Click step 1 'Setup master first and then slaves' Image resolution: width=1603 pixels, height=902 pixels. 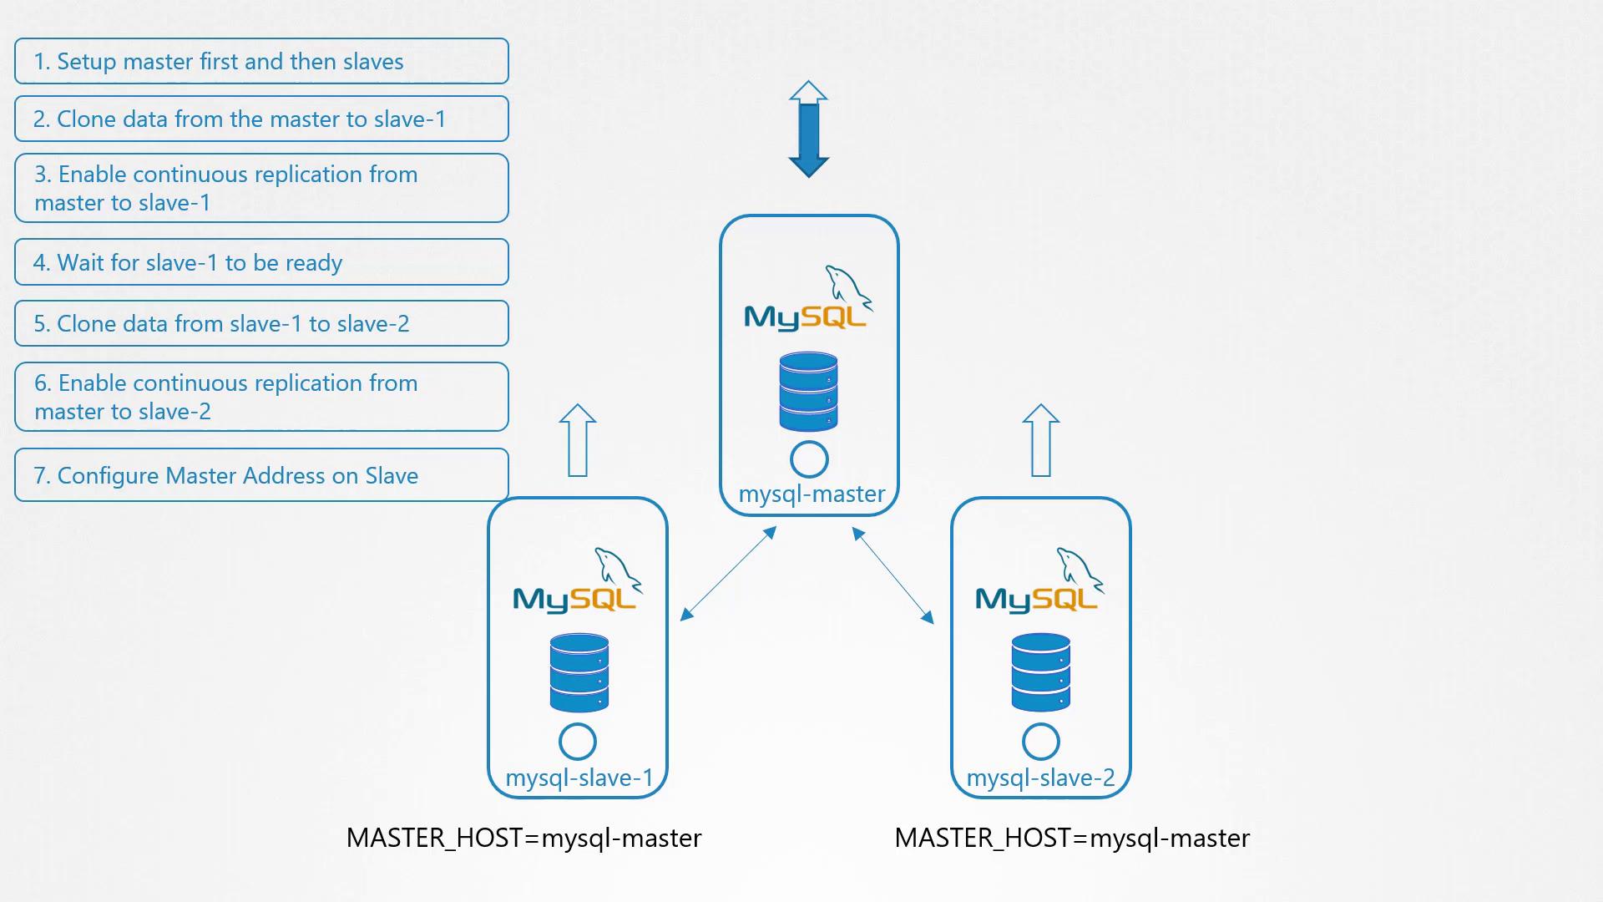(x=260, y=61)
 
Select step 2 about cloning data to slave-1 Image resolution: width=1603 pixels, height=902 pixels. (x=260, y=119)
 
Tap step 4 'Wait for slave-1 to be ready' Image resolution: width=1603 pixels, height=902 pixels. (x=260, y=262)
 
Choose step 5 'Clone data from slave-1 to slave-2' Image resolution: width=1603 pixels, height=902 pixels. (x=260, y=323)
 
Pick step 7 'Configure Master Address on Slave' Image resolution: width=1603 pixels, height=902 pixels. (x=260, y=475)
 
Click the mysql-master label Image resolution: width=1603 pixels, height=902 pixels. (x=812, y=494)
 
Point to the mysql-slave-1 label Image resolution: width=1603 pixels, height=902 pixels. (x=579, y=778)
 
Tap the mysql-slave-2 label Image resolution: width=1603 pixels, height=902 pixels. (x=1040, y=778)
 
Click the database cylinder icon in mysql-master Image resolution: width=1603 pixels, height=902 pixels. (x=808, y=391)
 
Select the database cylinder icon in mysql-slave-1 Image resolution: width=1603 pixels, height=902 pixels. (x=579, y=672)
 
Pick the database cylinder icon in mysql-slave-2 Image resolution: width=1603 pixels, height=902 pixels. (x=1040, y=672)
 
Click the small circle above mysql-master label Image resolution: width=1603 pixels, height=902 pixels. (x=809, y=459)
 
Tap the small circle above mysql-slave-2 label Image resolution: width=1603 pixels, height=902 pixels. (x=1040, y=741)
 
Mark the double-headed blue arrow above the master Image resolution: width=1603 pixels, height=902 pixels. (x=808, y=129)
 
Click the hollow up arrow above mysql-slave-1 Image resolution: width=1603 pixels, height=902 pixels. (x=578, y=440)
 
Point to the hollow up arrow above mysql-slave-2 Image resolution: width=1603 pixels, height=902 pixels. (x=1040, y=440)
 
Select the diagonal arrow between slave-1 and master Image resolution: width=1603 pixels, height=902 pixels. (x=729, y=574)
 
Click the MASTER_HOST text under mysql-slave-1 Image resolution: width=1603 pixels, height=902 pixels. (x=523, y=838)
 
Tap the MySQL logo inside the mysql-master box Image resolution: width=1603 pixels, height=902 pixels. (x=807, y=301)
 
